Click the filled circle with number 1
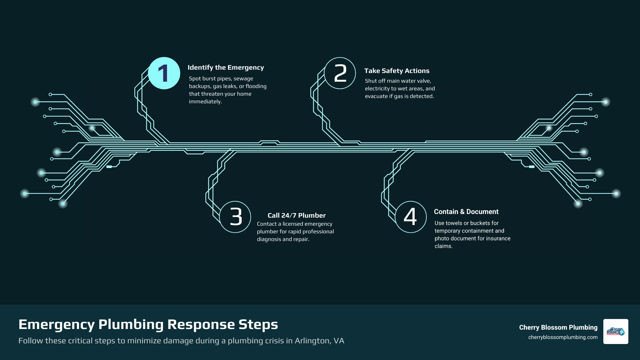[x=164, y=73]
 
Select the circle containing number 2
[x=340, y=73]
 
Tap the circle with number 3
[x=235, y=217]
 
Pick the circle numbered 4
[x=411, y=217]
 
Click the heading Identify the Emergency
[x=226, y=68]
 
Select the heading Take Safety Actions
[x=397, y=71]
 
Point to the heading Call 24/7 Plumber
[x=296, y=216]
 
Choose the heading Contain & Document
[x=466, y=212]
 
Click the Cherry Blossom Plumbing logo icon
[x=616, y=331]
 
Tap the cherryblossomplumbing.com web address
[x=563, y=337]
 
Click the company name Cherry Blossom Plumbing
[x=558, y=328]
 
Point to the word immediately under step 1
[x=205, y=102]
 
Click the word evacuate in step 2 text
[x=376, y=96]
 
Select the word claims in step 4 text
[x=443, y=246]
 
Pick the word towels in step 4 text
[x=454, y=223]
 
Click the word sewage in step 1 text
[x=243, y=79]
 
